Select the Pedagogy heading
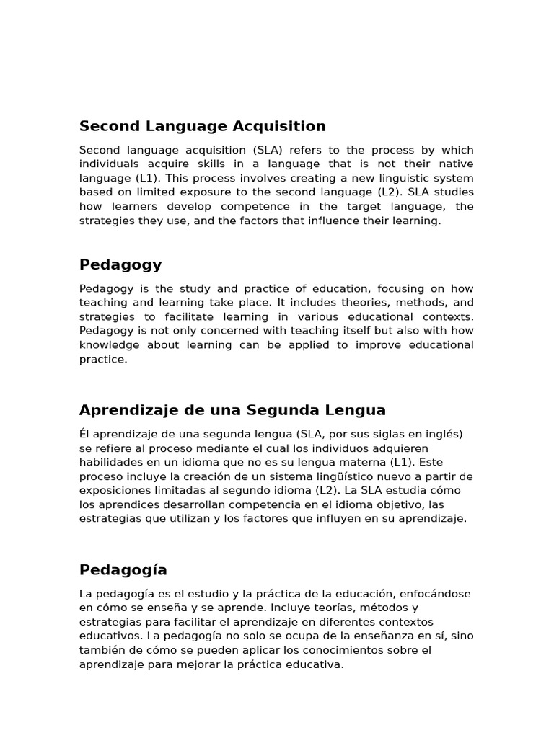(120, 265)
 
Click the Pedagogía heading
(123, 570)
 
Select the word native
(456, 164)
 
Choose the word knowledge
(107, 345)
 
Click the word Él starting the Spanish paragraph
(85, 434)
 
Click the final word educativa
(315, 664)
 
